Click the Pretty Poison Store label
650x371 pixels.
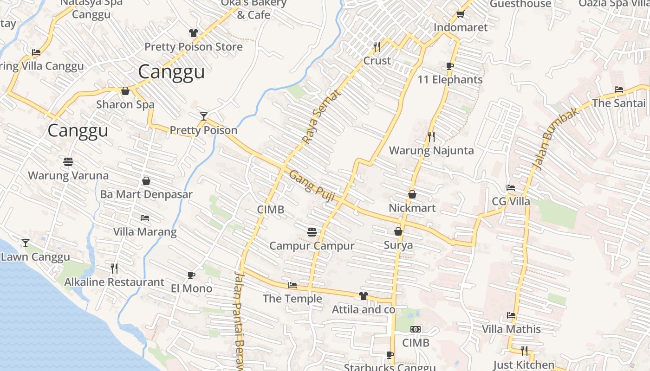pos(193,47)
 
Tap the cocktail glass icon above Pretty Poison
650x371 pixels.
pos(203,116)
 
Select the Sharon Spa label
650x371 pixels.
pos(125,104)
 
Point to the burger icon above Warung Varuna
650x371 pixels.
pos(68,161)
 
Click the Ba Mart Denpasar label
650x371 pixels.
pos(146,194)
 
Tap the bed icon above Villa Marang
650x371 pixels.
pos(145,217)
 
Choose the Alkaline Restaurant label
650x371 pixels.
pos(114,282)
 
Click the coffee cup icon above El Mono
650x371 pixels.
pos(191,275)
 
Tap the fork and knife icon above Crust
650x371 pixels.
pos(377,46)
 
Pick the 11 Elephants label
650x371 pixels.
pos(450,80)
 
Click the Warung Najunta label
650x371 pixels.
pos(431,151)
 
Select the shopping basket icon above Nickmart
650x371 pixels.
pos(412,194)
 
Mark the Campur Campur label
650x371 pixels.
pos(312,246)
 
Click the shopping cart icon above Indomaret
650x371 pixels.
pos(460,14)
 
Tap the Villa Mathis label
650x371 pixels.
pos(511,329)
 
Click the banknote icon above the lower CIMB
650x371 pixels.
pos(416,329)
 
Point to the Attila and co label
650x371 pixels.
pos(363,309)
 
